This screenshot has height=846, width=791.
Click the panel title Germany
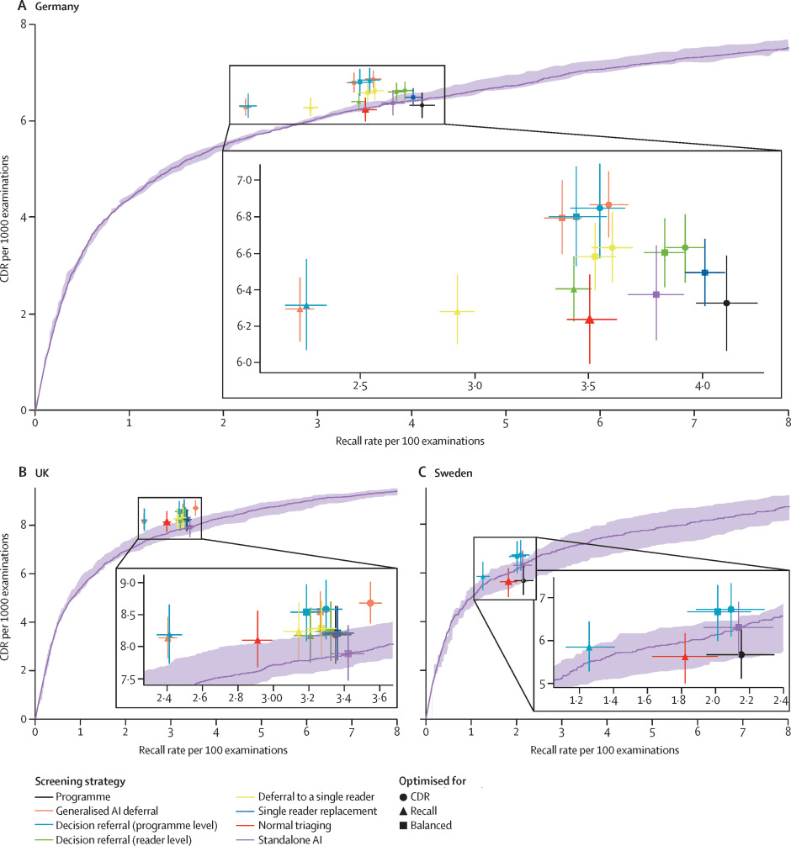click(x=42, y=7)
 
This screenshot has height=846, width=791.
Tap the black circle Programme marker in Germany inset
click(x=726, y=303)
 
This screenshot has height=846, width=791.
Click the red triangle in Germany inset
click(x=589, y=320)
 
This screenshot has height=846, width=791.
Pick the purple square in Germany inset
click(x=656, y=294)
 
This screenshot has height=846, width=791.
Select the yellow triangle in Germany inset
click(x=457, y=312)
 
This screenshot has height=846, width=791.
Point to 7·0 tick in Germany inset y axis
click(x=243, y=181)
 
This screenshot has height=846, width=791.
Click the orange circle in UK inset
click(x=370, y=602)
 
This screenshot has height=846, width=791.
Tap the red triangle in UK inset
click(x=257, y=641)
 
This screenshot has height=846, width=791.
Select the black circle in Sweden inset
click(x=741, y=654)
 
